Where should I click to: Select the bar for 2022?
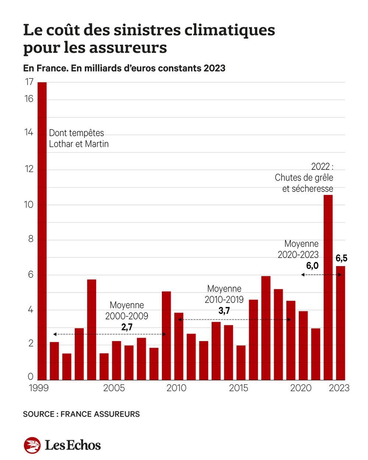coord(328,287)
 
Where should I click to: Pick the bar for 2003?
coord(92,329)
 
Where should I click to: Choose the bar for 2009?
coord(166,335)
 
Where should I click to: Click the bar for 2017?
coord(266,328)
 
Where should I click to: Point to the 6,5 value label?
coord(342,258)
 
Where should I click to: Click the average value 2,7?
coord(127,327)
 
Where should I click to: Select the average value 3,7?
coord(224,311)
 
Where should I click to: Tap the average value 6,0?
coord(312,266)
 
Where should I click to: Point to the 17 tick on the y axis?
coord(29,82)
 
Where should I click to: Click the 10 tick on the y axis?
coord(29,205)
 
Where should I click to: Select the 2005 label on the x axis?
coord(114,388)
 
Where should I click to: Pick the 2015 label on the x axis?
coord(238,388)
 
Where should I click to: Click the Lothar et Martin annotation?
coord(79,144)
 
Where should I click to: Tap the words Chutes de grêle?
coord(304,178)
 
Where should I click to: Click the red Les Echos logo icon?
coord(32,445)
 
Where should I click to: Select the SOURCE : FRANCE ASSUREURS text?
coord(81,414)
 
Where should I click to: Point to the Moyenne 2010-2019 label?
coord(224,294)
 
